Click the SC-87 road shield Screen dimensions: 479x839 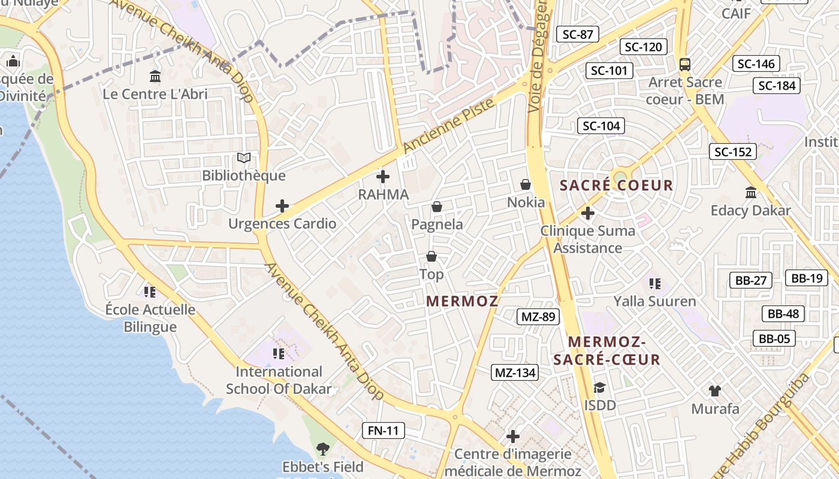click(x=578, y=34)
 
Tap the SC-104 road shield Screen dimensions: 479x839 click(x=601, y=126)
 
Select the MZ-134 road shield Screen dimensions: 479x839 click(x=515, y=372)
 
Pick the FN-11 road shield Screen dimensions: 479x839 click(x=384, y=430)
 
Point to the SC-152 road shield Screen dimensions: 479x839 click(x=733, y=151)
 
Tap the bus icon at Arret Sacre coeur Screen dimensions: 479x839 click(x=685, y=64)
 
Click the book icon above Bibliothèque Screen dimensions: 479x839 click(x=244, y=158)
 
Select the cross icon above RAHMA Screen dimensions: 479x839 click(x=382, y=177)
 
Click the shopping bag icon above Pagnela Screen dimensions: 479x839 click(x=437, y=207)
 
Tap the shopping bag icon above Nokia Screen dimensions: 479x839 click(x=526, y=184)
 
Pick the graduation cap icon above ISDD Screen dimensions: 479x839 click(x=599, y=387)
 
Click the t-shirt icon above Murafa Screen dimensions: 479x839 click(x=714, y=391)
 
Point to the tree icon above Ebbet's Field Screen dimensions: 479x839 click(x=323, y=448)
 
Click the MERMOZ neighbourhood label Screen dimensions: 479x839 click(x=462, y=301)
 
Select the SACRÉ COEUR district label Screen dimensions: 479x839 click(x=617, y=186)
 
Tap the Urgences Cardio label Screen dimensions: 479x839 click(x=282, y=224)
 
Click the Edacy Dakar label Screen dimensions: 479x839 click(x=750, y=211)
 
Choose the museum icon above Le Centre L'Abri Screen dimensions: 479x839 click(x=155, y=76)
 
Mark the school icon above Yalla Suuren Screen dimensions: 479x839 click(x=654, y=283)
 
